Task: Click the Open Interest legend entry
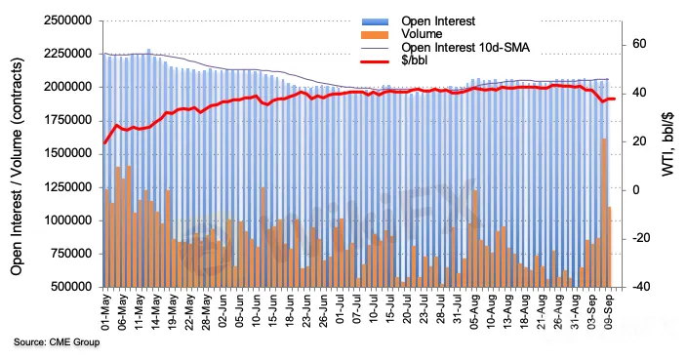click(438, 21)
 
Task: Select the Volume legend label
click(422, 34)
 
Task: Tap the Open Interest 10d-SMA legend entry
click(465, 47)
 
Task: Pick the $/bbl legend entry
click(414, 60)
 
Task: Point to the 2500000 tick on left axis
click(68, 20)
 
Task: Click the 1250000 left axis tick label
click(68, 187)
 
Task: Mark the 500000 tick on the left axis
click(71, 287)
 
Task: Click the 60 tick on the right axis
click(639, 44)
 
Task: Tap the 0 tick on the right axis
click(636, 190)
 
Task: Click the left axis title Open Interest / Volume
click(17, 167)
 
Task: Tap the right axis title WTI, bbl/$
click(667, 143)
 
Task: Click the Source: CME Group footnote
click(57, 341)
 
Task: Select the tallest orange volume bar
click(604, 213)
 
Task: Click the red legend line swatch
click(375, 61)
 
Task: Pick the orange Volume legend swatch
click(375, 34)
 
